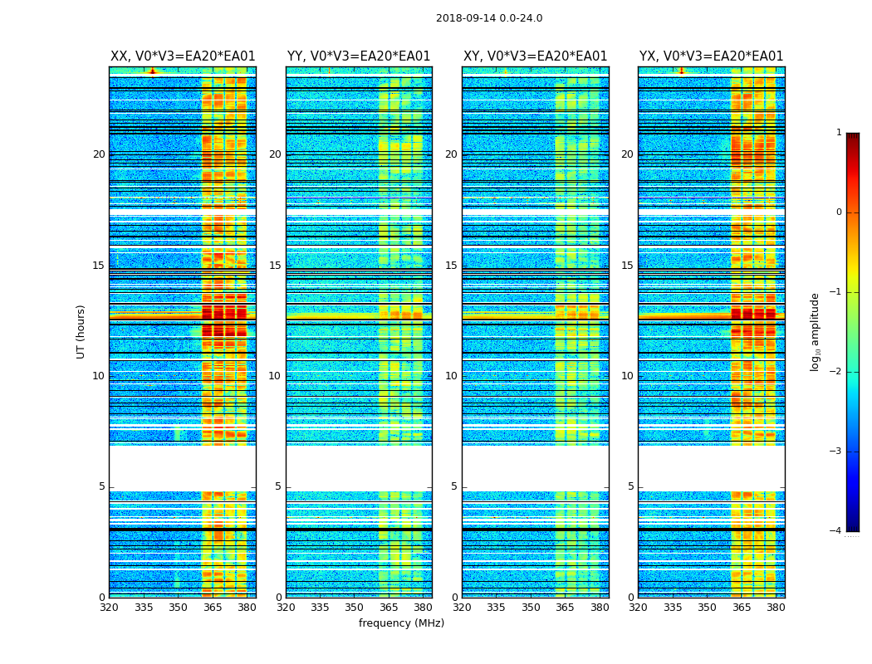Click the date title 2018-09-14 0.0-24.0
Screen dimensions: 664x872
coord(489,18)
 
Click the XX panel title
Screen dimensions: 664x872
coord(183,56)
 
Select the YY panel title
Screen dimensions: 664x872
coord(359,56)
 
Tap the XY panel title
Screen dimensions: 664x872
coord(535,56)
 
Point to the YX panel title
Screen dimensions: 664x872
coord(711,56)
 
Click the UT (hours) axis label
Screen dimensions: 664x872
coord(81,331)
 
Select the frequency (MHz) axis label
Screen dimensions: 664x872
coord(401,623)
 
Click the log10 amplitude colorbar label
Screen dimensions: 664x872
coord(816,331)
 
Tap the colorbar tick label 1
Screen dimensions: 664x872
coord(839,133)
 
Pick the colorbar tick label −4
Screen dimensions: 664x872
coord(836,531)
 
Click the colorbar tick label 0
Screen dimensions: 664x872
coord(839,212)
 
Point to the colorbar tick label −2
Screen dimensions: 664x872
coord(836,372)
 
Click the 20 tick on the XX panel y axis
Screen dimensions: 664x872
coord(99,154)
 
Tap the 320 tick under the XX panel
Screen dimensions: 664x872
coord(109,608)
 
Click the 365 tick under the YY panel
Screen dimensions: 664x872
coord(389,608)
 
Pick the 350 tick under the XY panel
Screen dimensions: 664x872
coord(531,608)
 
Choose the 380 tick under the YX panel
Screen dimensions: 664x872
coord(776,608)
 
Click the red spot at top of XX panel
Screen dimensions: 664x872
coord(152,71)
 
